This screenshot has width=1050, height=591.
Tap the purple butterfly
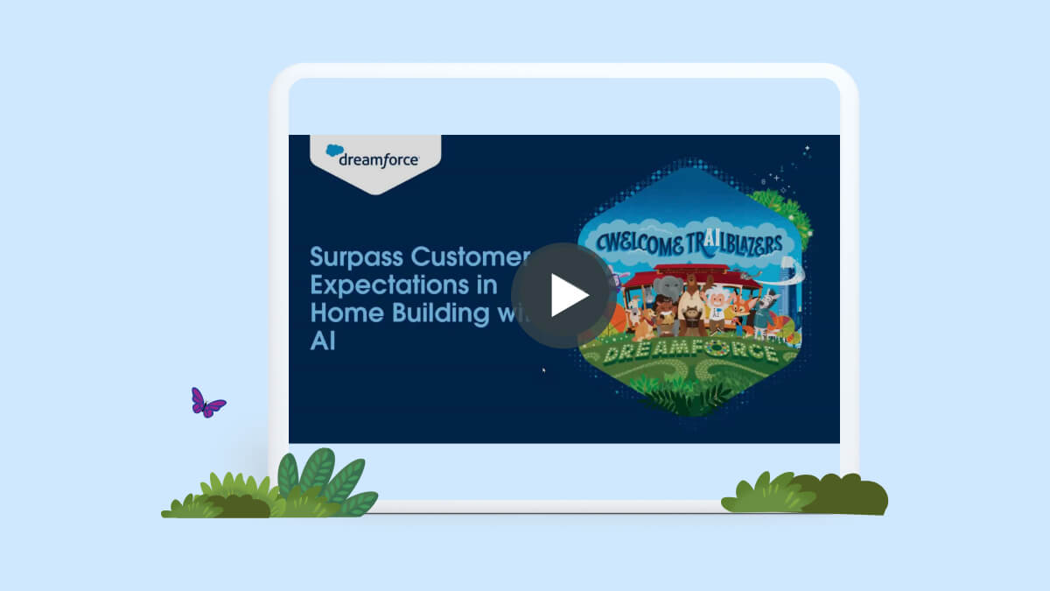coord(206,403)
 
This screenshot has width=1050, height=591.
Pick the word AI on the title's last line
coord(323,341)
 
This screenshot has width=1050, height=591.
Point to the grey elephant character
coord(668,292)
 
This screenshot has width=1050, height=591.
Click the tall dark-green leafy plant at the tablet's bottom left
coord(319,477)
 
